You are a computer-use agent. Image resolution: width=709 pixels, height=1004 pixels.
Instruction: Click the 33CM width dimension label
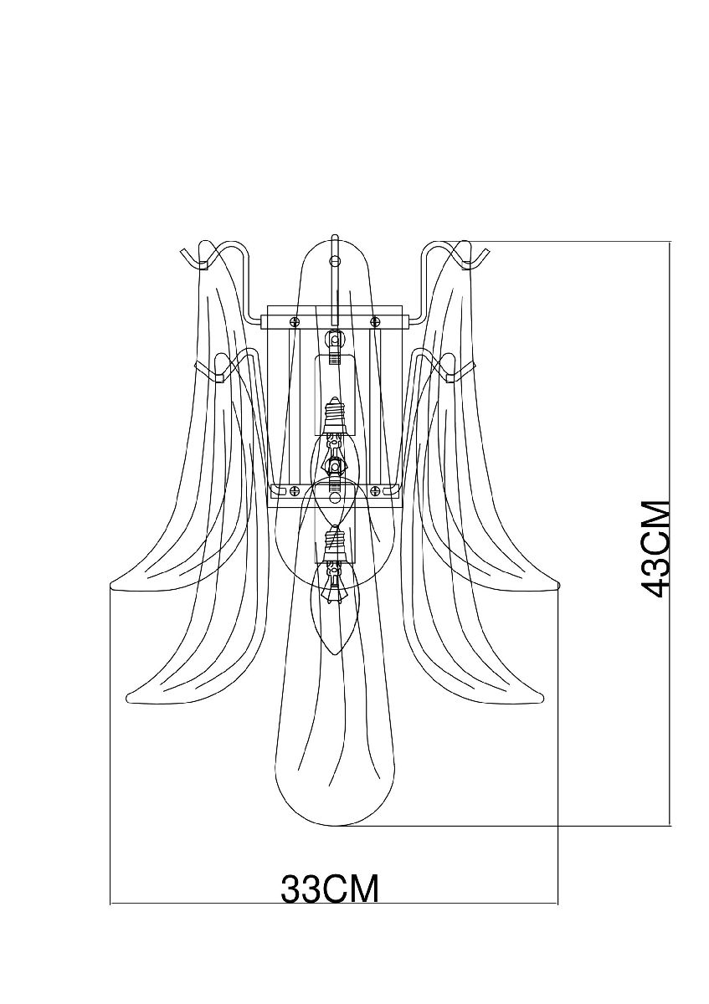[x=330, y=889]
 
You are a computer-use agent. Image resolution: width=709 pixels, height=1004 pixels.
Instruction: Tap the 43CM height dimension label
[x=655, y=549]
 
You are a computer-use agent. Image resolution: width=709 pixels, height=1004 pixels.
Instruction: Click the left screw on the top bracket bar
[x=294, y=320]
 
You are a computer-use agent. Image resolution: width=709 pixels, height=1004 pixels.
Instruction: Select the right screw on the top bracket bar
[x=374, y=320]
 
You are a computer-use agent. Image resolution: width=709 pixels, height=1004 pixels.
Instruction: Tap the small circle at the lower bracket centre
[x=335, y=498]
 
